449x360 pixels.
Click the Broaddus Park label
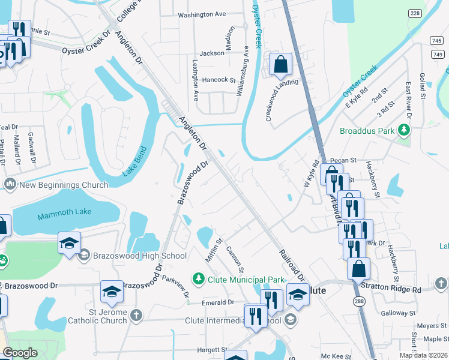[367, 130]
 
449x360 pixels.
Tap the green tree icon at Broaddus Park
[405, 130]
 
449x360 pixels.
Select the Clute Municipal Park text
[245, 279]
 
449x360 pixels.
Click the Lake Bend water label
[134, 161]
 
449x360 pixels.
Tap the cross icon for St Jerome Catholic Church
[137, 315]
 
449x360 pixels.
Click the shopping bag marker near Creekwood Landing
[280, 64]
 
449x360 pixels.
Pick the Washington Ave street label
[202, 14]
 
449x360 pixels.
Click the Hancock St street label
[219, 79]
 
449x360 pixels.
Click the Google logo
[20, 353]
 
